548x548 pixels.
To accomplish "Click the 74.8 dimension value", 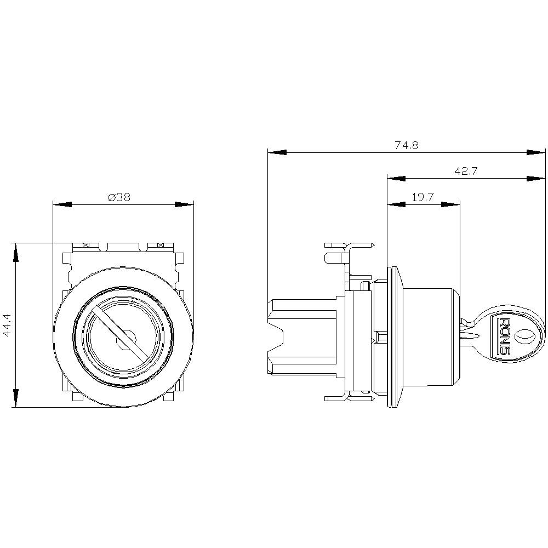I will pos(407,145).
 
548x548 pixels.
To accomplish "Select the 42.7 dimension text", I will pos(466,171).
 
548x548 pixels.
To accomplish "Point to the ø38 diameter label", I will pos(119,197).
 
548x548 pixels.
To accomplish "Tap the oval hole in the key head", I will pos(524,335).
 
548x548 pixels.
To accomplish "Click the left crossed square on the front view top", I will pos(85,245).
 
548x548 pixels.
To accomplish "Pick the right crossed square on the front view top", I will pos(160,245).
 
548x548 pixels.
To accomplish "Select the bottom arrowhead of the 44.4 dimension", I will pos(16,398).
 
